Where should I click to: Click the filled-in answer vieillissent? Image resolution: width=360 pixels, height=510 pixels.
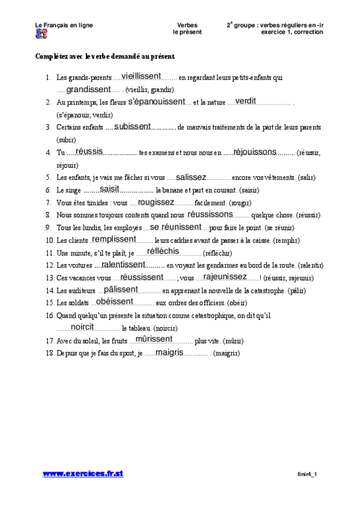141,76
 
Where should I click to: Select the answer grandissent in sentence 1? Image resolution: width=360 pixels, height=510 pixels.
88,89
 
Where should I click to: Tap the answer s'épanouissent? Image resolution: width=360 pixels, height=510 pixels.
156,102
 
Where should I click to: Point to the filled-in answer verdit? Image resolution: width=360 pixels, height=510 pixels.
245,101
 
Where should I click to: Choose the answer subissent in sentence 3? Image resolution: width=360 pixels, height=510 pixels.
132,126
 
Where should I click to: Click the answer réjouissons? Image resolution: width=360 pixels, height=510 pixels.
255,152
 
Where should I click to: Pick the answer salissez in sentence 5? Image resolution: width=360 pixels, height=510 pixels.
191,177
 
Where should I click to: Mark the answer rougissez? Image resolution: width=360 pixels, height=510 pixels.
156,202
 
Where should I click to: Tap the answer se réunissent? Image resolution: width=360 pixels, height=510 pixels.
175,227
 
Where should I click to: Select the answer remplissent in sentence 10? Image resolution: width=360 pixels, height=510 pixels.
114,239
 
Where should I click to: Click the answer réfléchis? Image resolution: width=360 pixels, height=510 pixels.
163,251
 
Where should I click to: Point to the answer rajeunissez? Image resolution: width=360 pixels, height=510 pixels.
225,277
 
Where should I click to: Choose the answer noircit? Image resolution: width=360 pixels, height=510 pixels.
82,327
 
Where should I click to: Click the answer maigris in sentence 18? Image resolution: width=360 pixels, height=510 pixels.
169,352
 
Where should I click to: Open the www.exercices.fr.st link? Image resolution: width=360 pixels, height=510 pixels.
83,474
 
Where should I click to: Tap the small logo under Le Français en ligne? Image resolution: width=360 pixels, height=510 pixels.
40,33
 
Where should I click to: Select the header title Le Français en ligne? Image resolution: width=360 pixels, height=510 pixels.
64,25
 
